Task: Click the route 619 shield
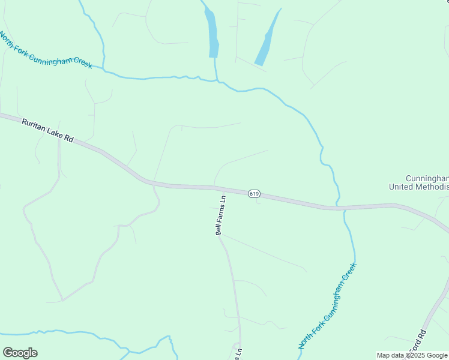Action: click(253, 193)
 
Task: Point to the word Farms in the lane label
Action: click(221, 211)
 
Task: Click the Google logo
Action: click(20, 353)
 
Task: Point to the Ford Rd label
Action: click(418, 341)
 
